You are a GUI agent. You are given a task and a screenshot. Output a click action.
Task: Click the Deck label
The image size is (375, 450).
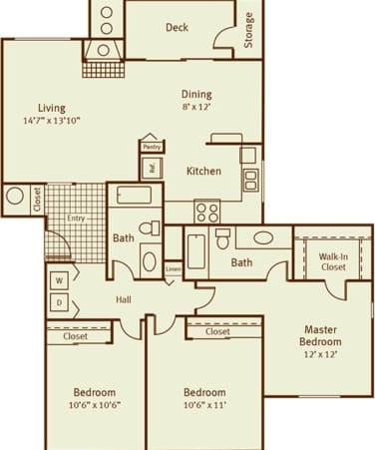tap(178, 27)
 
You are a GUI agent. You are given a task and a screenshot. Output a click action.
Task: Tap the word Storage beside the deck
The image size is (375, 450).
tap(248, 29)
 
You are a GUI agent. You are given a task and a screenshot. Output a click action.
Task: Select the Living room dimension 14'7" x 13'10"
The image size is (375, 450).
tap(52, 121)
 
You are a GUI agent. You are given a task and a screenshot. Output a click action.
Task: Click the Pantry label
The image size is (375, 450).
tap(152, 147)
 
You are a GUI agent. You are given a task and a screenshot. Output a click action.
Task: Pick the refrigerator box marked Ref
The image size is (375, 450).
tap(152, 167)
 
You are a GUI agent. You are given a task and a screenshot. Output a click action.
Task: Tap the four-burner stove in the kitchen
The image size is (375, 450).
tap(206, 212)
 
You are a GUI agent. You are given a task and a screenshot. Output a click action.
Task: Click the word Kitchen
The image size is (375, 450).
tap(203, 171)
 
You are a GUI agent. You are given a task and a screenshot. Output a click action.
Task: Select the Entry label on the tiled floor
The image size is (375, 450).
tap(76, 218)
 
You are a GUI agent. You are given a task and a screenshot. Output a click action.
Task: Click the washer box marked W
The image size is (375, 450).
tap(59, 280)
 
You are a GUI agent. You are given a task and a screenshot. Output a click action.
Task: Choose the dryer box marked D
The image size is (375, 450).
tap(59, 301)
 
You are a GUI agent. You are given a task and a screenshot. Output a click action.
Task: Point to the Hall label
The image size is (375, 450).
tap(125, 298)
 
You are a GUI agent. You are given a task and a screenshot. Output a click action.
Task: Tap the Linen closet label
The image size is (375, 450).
tap(174, 269)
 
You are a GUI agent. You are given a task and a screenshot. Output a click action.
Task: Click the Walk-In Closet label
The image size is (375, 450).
tap(332, 261)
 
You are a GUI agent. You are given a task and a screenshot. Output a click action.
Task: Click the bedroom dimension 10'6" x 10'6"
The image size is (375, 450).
tap(94, 405)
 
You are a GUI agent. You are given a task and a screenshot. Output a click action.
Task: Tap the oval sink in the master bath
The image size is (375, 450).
tap(264, 238)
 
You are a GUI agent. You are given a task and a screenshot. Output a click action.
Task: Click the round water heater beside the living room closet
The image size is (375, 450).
tap(15, 196)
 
